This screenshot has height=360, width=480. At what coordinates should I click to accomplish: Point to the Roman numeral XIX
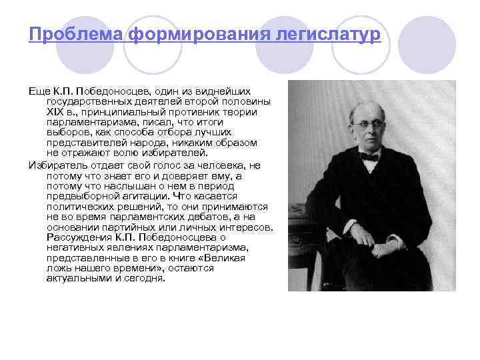tap(57, 112)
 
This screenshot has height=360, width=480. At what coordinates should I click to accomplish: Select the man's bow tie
tap(368, 157)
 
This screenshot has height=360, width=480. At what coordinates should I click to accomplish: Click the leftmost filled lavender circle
tap(81, 44)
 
